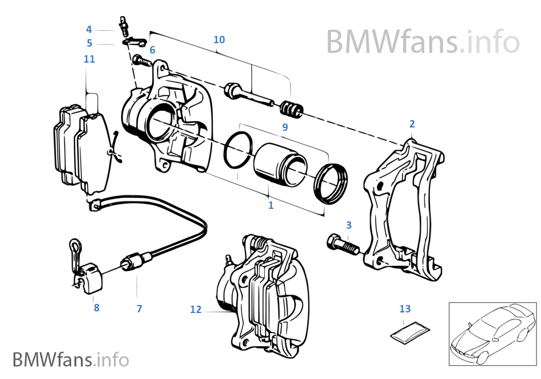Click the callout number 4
[89, 29]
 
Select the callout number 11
[89, 59]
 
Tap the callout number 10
[219, 39]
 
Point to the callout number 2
[412, 123]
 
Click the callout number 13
[404, 309]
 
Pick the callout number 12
[196, 310]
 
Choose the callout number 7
[139, 309]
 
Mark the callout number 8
[96, 307]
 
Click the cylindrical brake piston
[279, 165]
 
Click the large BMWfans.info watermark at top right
[423, 41]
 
